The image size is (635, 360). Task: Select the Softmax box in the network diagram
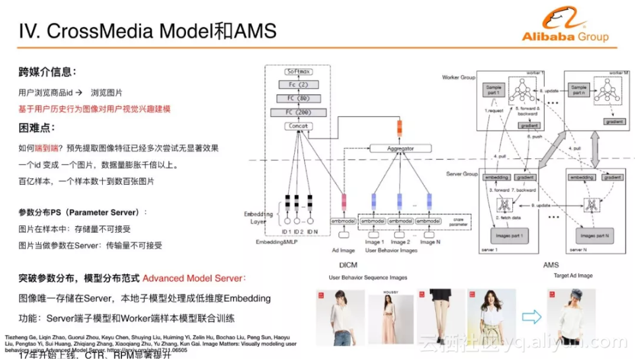coord(299,71)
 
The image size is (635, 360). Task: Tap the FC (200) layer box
coord(299,112)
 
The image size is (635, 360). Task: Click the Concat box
coord(299,126)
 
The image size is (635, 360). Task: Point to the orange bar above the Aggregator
coord(399,127)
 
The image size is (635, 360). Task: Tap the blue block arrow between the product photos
coord(531,317)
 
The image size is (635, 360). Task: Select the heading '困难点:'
coord(38,127)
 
